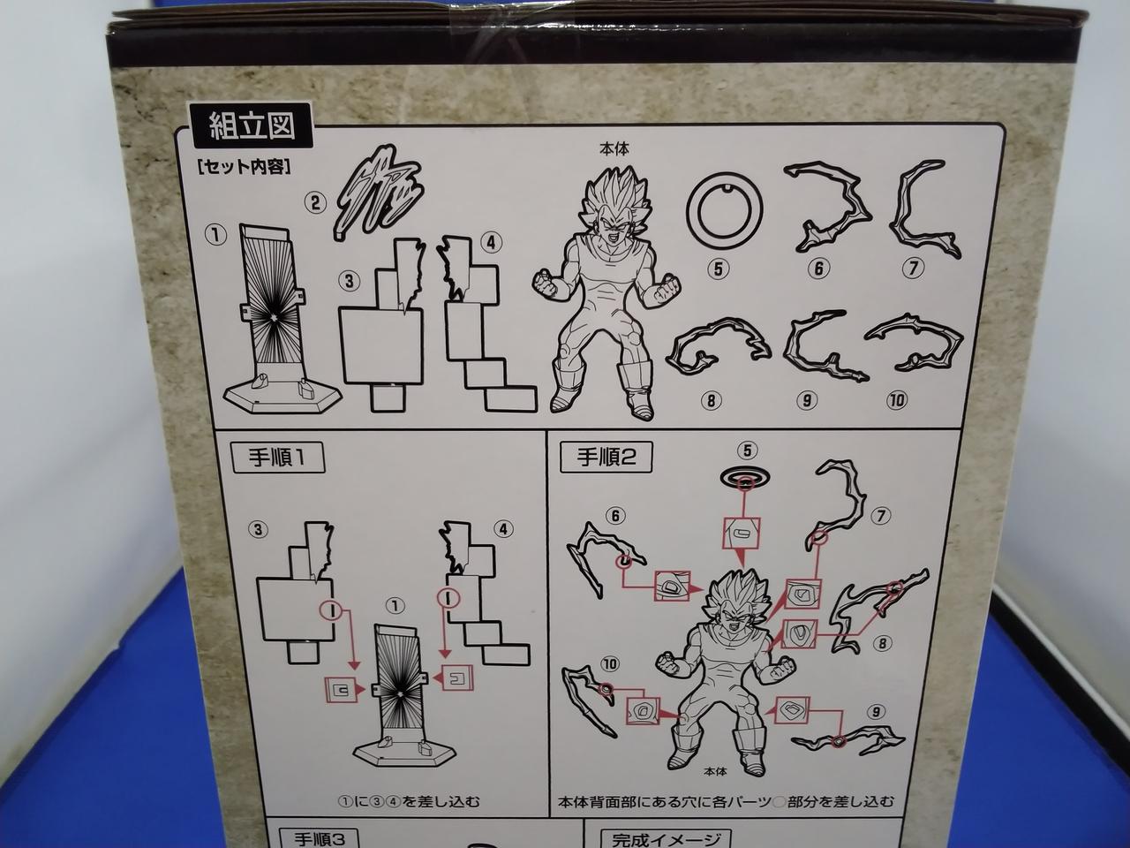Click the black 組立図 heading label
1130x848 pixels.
(251, 125)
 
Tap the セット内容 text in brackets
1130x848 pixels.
(244, 167)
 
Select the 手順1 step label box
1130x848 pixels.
(278, 458)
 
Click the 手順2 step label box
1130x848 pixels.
(606, 457)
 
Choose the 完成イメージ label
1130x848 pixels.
(667, 838)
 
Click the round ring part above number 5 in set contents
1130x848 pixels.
(724, 211)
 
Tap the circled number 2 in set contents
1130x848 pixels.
(315, 203)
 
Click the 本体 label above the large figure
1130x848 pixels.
(614, 149)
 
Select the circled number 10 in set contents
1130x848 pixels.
(896, 400)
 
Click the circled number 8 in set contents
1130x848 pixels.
(711, 400)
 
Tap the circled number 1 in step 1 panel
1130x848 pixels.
(395, 606)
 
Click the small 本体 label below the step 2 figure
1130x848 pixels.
(715, 771)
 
